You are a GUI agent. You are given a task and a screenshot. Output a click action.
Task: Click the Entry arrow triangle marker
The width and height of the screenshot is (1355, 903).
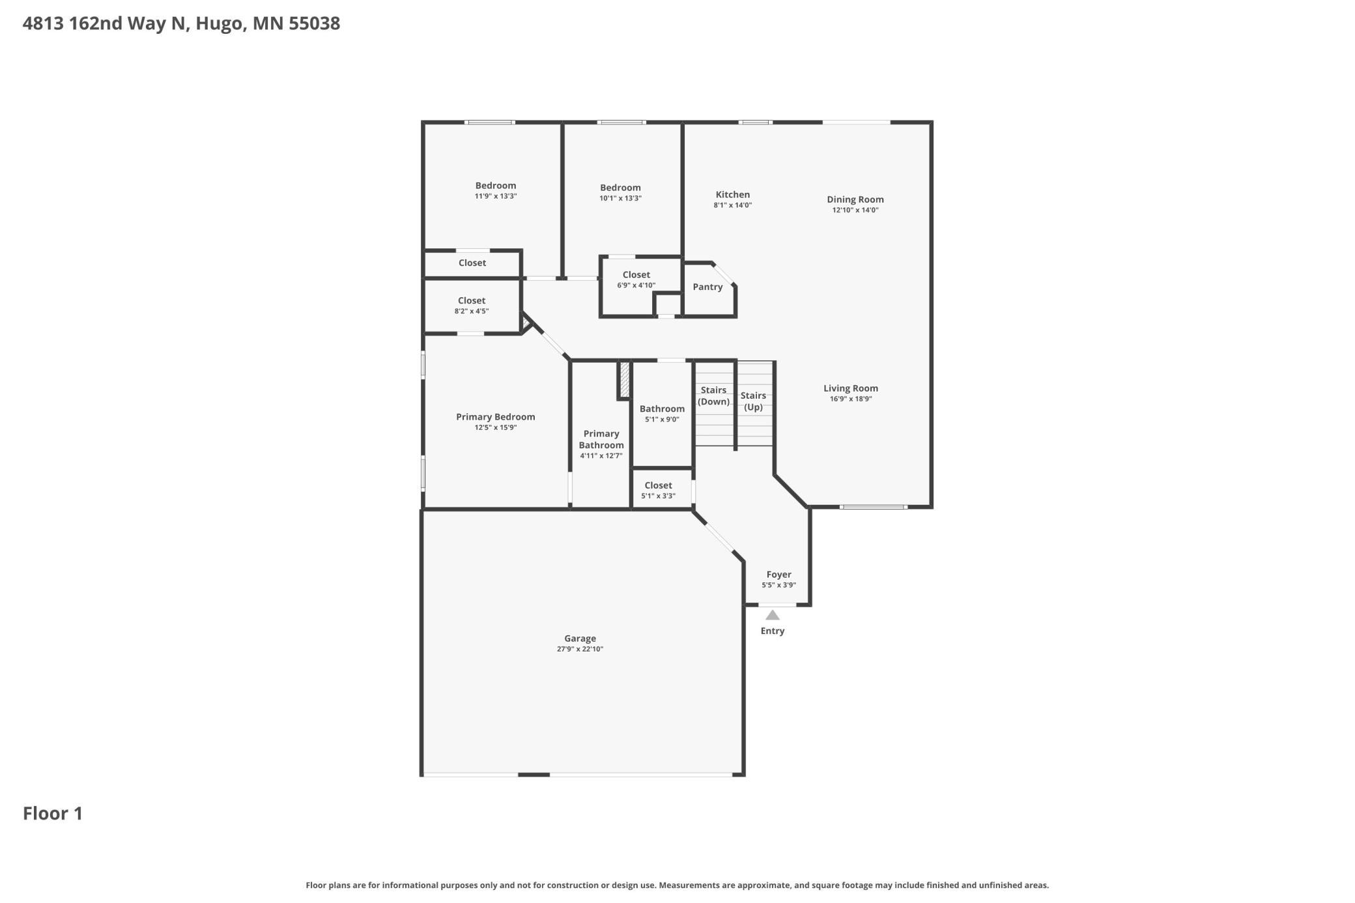click(772, 615)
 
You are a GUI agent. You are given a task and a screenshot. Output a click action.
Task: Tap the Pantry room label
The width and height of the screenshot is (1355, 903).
click(707, 287)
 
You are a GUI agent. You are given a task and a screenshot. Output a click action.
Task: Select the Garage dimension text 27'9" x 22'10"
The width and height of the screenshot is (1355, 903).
click(580, 649)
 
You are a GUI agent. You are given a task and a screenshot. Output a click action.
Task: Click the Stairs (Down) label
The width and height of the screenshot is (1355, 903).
click(713, 396)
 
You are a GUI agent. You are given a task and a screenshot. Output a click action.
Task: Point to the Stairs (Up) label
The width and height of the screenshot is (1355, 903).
click(753, 401)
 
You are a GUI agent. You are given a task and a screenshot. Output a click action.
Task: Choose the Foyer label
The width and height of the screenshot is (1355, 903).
click(778, 575)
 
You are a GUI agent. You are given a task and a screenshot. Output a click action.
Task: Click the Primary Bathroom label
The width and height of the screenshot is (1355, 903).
click(601, 440)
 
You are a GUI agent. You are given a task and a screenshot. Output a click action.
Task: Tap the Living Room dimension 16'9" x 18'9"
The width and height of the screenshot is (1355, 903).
click(851, 399)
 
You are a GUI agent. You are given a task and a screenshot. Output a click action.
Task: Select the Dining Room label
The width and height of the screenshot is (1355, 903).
click(855, 200)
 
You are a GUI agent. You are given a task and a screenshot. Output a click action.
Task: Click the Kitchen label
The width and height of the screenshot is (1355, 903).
click(733, 195)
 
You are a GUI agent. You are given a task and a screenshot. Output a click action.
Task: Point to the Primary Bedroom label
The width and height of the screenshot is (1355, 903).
click(496, 417)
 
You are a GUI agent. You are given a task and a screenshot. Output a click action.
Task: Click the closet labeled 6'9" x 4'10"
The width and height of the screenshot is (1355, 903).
click(636, 279)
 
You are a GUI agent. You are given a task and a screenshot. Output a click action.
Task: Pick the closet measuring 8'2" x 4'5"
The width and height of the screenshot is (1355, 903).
click(472, 306)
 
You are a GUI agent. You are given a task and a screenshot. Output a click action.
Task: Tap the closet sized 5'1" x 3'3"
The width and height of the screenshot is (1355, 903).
click(658, 490)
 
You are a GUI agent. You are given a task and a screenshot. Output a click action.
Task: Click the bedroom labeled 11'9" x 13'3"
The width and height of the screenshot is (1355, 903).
click(496, 190)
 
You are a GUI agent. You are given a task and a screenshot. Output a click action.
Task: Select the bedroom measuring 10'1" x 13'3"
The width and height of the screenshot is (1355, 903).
click(620, 192)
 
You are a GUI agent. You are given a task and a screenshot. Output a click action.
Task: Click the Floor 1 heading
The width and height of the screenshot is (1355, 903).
click(53, 814)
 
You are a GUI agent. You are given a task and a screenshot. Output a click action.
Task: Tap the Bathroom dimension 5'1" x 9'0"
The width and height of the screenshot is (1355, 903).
click(662, 420)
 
